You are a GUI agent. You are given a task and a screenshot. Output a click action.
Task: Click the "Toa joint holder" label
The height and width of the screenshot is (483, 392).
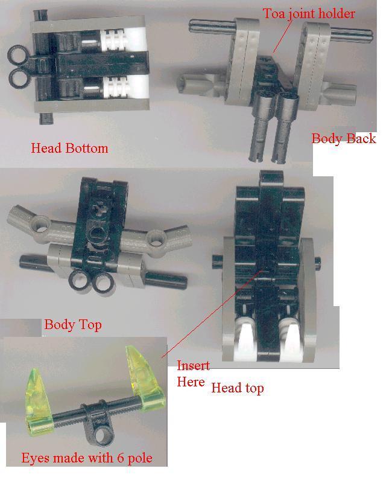[308, 13]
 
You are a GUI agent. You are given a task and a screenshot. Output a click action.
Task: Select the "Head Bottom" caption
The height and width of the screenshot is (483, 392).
[69, 148]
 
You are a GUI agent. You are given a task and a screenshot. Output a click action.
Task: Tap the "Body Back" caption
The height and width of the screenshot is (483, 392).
[343, 138]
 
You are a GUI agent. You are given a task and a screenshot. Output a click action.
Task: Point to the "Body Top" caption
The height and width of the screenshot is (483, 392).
[72, 325]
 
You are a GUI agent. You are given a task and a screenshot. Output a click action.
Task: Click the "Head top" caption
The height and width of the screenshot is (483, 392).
[237, 388]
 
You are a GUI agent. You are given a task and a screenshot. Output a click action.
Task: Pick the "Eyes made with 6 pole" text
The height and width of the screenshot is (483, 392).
[86, 458]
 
